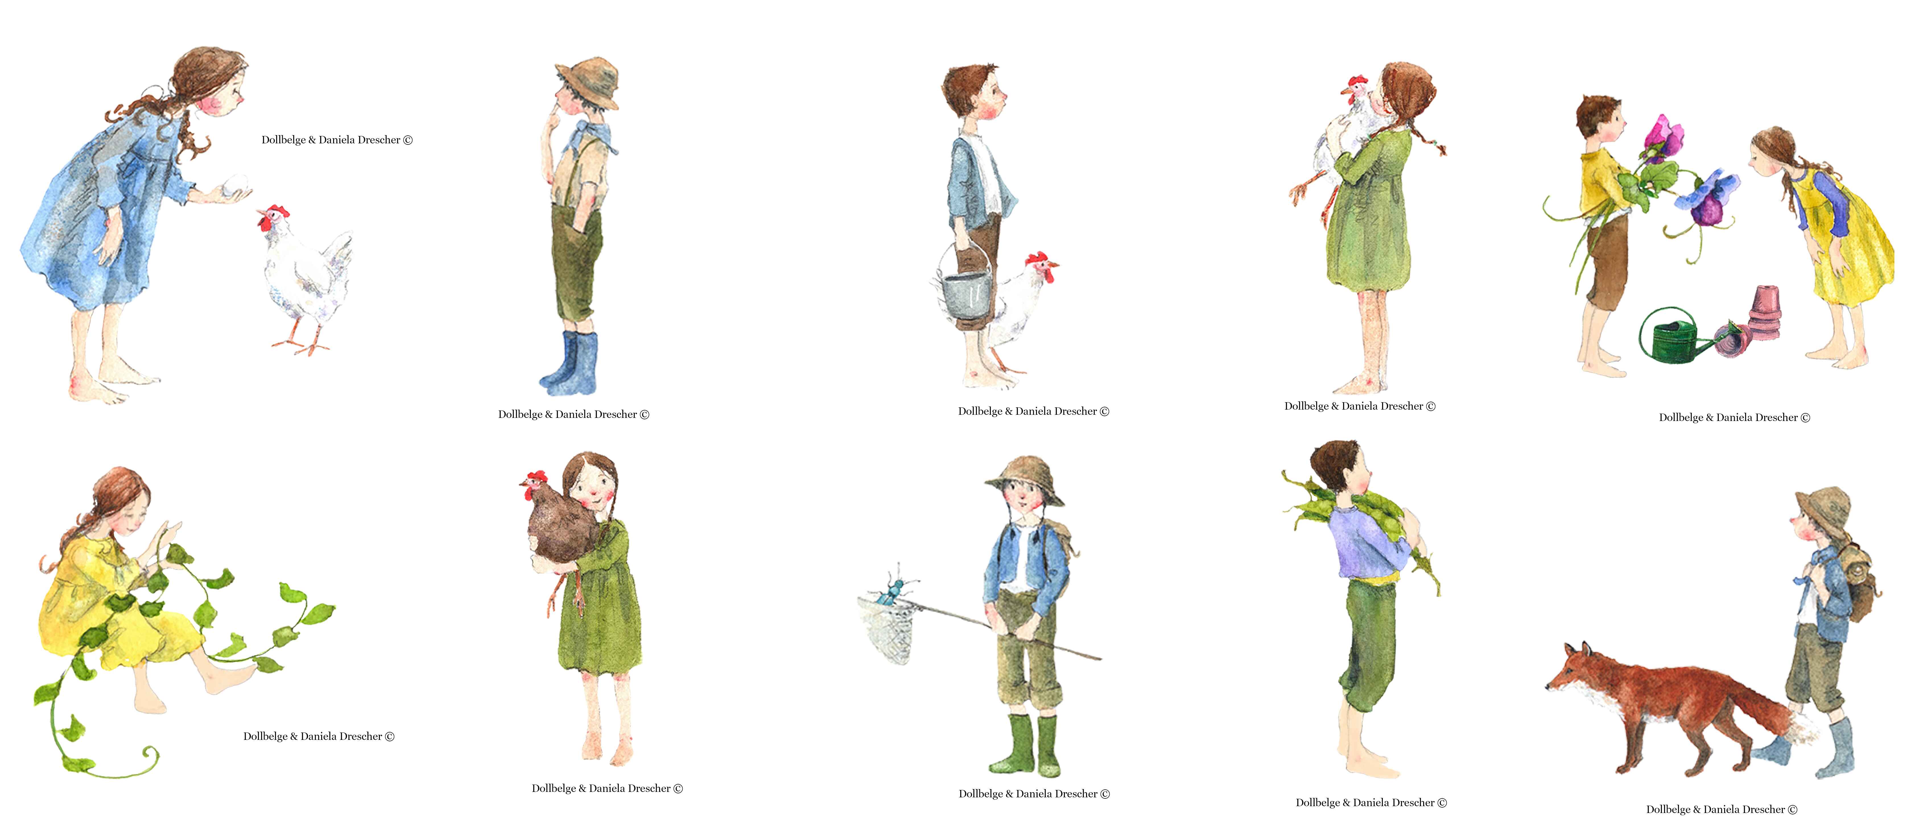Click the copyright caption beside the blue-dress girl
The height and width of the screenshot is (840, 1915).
[337, 140]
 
